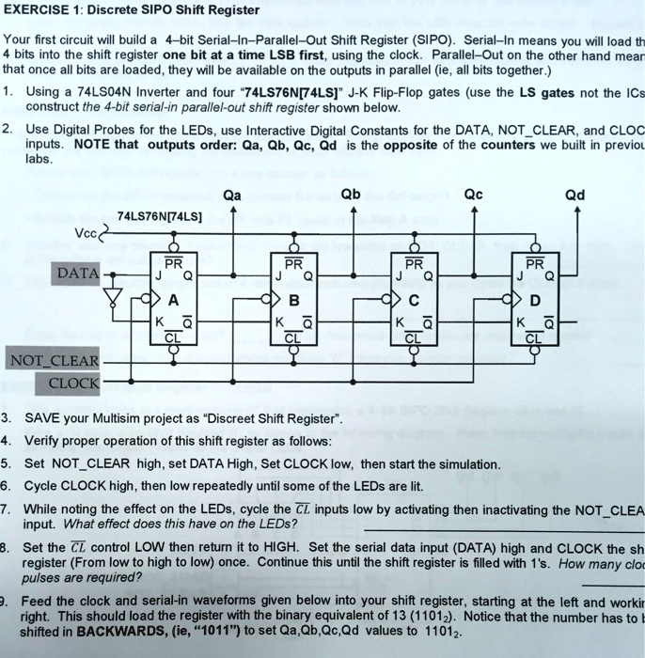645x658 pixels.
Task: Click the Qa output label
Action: point(232,196)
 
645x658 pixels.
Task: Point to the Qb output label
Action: point(350,196)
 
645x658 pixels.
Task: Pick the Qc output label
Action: point(473,196)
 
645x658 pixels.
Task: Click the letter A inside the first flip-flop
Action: point(173,301)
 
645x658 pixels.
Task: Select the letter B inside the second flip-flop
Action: point(294,301)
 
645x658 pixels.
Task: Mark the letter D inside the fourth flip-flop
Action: point(536,301)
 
